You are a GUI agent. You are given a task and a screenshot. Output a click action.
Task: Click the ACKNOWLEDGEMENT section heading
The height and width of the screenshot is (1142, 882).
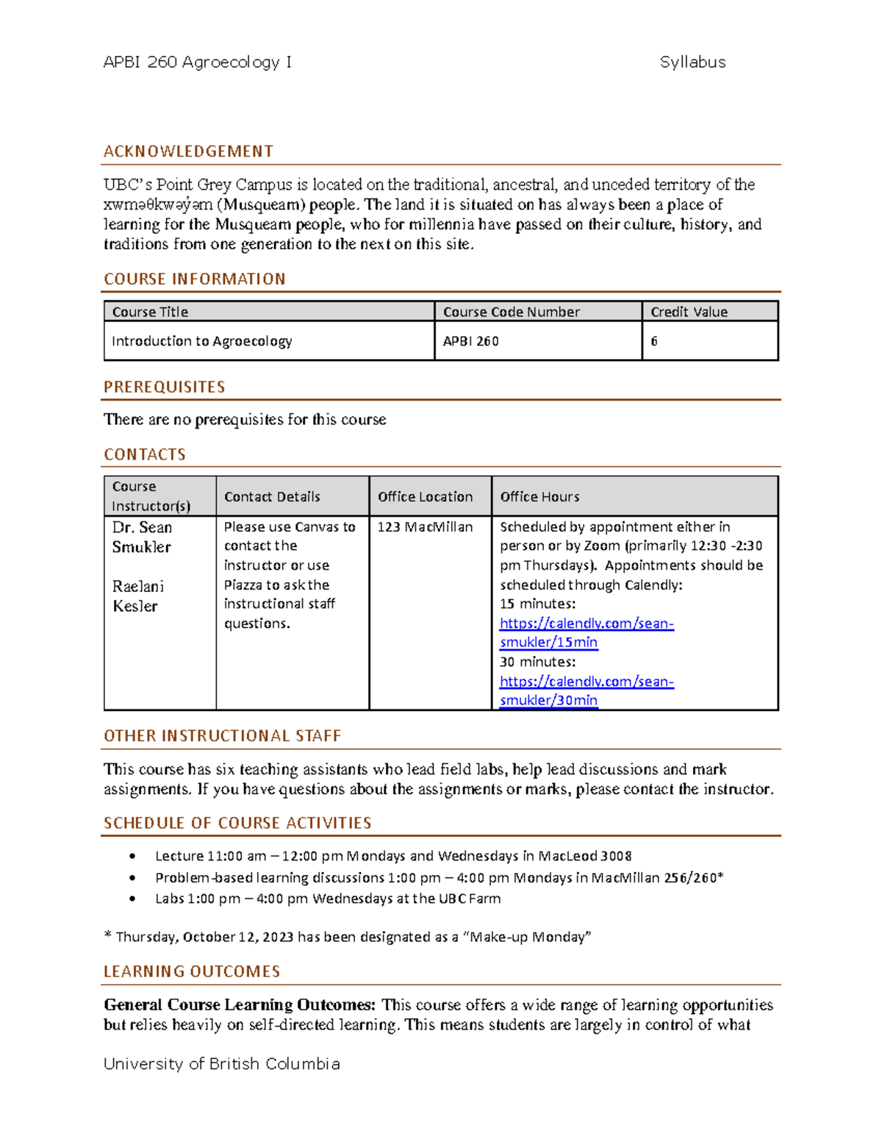[188, 151]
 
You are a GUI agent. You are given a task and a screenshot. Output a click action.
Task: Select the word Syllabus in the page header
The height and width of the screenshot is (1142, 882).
[692, 63]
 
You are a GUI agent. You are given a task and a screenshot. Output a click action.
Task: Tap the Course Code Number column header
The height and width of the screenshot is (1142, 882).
[512, 312]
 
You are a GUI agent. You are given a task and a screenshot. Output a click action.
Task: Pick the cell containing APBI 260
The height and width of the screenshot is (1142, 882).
[471, 341]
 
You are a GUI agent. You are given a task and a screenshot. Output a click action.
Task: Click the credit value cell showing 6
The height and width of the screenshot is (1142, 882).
[654, 341]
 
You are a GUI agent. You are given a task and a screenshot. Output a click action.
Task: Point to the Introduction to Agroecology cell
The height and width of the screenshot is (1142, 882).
[202, 341]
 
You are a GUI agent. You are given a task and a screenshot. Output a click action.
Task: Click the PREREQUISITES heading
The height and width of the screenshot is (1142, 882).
[165, 387]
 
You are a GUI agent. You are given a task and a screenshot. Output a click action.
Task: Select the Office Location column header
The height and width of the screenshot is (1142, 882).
[425, 497]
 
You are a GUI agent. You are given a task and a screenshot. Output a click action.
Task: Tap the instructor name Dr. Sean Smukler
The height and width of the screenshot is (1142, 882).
[142, 538]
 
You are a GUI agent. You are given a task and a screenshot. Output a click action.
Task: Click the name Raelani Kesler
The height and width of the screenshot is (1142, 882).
[138, 596]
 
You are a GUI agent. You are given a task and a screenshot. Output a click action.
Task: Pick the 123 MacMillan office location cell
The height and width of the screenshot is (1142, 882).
[425, 527]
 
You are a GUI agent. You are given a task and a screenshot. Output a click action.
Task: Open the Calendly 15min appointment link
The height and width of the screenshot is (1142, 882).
[586, 632]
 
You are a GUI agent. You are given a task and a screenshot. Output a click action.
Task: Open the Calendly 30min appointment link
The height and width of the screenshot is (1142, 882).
[586, 691]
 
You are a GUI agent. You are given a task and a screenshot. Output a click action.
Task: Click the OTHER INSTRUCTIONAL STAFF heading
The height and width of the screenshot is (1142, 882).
[222, 736]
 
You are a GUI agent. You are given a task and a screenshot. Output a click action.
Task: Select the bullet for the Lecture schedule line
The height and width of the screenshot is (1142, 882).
[132, 856]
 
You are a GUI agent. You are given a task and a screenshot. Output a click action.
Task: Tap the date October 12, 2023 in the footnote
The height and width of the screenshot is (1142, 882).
[238, 937]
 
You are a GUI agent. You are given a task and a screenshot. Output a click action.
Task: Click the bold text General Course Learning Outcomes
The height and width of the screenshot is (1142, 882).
[239, 1005]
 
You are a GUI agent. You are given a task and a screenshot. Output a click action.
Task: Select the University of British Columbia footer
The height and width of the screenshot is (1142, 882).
[221, 1064]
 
